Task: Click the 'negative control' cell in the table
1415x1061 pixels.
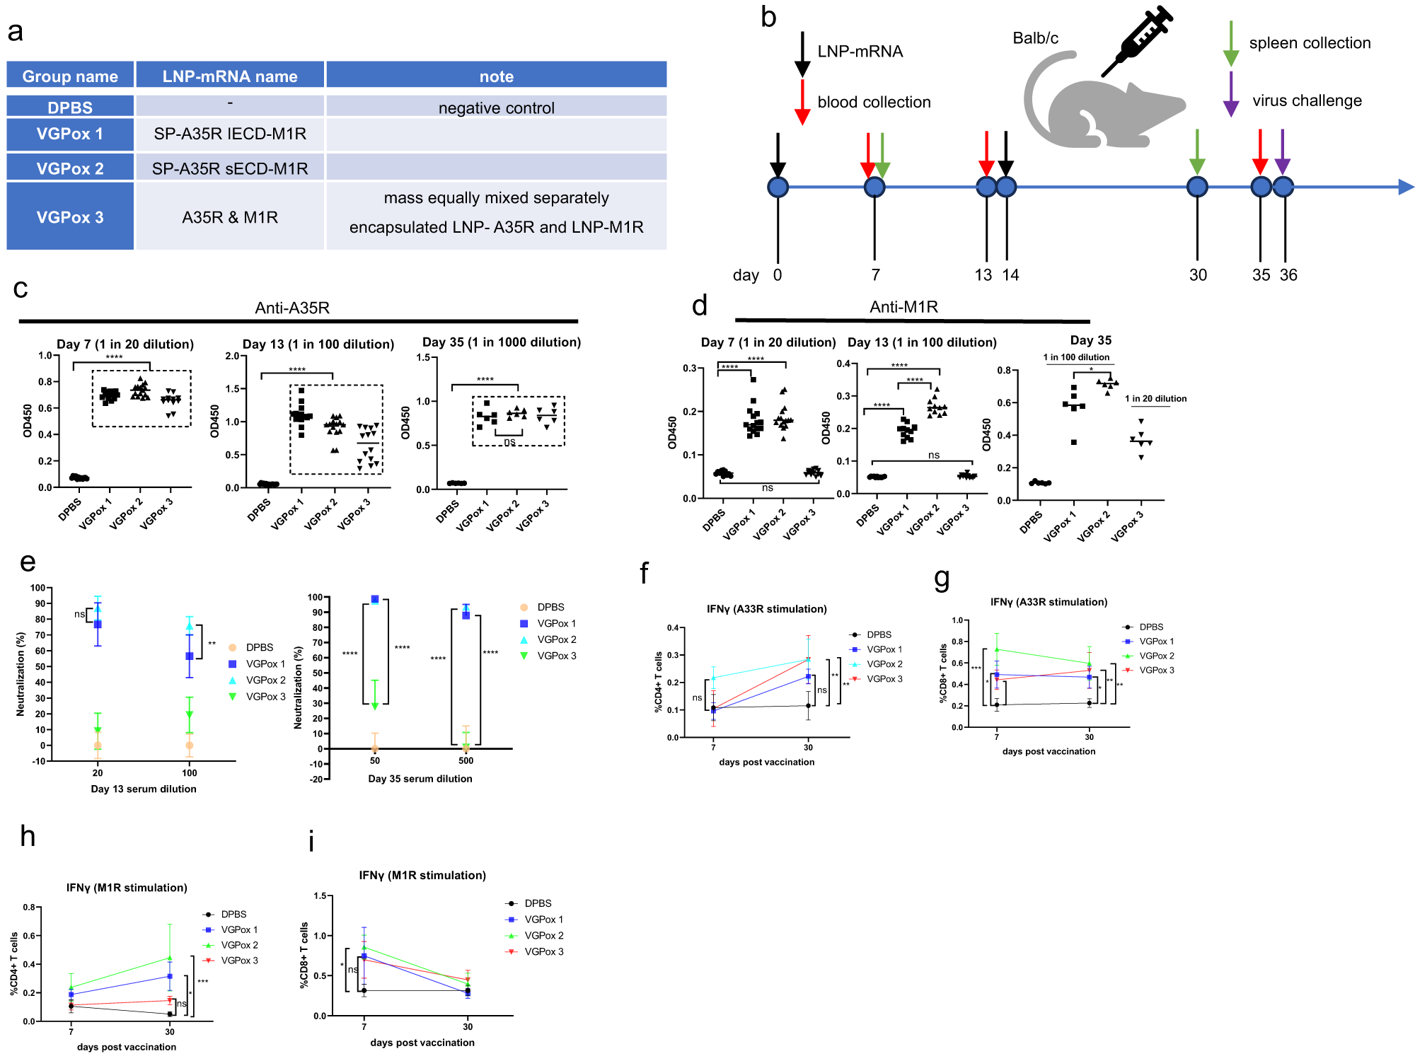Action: point(496,108)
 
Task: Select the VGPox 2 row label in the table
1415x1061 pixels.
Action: point(70,168)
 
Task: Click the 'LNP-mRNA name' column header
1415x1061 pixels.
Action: point(230,76)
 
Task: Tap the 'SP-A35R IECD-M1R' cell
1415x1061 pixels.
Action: point(230,134)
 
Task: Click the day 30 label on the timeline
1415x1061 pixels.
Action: point(1197,275)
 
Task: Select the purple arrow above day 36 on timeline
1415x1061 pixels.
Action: point(1282,152)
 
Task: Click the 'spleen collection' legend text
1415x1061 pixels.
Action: point(1310,43)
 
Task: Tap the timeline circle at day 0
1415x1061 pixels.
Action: point(778,187)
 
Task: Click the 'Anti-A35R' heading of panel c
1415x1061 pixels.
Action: point(292,308)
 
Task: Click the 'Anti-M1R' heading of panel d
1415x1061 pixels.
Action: point(903,307)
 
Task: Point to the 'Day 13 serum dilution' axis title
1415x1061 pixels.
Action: point(144,789)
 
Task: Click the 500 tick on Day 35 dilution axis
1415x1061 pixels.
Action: point(466,761)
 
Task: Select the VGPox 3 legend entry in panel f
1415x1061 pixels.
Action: point(884,679)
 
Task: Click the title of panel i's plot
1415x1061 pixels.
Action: point(422,876)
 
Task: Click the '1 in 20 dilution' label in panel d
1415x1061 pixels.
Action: point(1155,399)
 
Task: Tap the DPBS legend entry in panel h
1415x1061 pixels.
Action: point(233,915)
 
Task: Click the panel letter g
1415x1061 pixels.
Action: point(942,578)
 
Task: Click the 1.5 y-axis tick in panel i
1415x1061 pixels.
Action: point(320,896)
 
